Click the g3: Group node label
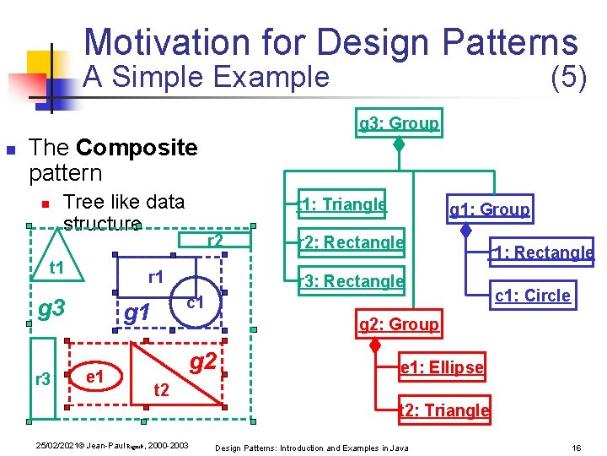[399, 123]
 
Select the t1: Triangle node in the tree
[342, 204]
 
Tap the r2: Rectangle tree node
[352, 243]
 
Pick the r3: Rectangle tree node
[352, 281]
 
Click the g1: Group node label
[490, 209]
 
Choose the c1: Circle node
[532, 296]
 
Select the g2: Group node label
[399, 324]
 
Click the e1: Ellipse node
[441, 367]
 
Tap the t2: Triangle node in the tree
[443, 410]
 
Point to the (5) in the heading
[567, 78]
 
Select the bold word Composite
[136, 149]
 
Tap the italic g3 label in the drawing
[52, 307]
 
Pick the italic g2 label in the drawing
[202, 362]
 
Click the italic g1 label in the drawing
[137, 313]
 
